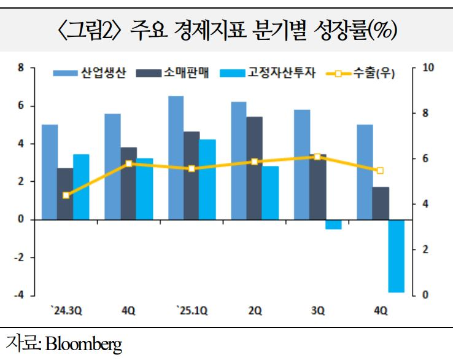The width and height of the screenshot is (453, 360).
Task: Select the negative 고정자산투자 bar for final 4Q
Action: tap(397, 256)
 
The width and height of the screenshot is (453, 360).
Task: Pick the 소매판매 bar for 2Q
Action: tap(255, 168)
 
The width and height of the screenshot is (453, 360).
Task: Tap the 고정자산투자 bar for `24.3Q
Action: tap(81, 187)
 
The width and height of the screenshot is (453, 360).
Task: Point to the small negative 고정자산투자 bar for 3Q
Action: tap(333, 224)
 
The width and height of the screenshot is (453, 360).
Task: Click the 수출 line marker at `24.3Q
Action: tap(66, 195)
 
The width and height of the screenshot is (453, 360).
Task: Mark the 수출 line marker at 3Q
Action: tap(317, 157)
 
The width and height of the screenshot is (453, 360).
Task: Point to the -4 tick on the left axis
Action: tap(20, 295)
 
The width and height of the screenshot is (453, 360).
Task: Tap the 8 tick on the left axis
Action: tap(22, 68)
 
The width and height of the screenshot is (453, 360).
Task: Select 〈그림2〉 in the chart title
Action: tap(90, 29)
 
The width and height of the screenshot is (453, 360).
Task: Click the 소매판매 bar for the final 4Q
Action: tap(381, 203)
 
